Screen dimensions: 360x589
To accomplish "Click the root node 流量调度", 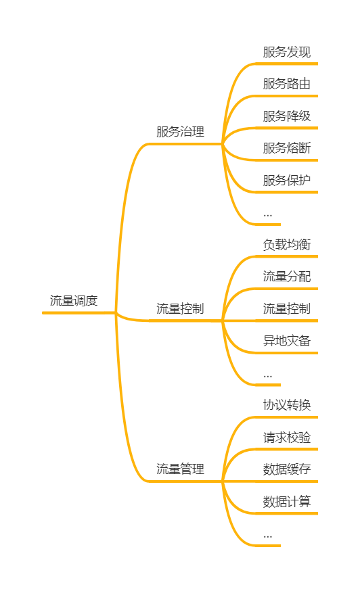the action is coord(74,300).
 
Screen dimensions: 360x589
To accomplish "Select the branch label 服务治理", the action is coord(181,132).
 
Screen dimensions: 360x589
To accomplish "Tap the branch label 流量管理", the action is coord(181,469).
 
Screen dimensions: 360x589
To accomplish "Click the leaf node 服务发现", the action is coord(287,52).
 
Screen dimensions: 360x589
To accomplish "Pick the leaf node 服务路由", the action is coord(287,84).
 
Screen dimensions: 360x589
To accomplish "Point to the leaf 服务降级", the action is coord(287,116).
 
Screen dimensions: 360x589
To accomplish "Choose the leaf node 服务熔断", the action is coord(287,148).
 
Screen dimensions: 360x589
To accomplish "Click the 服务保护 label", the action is coord(287,181).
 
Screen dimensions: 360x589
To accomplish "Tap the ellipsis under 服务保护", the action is coord(267,216).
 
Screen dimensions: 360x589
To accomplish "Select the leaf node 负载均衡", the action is coord(287,245).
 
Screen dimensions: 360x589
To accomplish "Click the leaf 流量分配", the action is coord(287,277).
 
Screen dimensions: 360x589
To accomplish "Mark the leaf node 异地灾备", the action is coord(287,341).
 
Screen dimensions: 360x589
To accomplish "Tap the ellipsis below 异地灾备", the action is coord(267,376).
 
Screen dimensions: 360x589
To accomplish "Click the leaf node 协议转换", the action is coord(287,405).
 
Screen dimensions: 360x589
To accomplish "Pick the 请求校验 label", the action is coord(287,438).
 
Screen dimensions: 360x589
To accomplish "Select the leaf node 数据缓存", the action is coord(287,469).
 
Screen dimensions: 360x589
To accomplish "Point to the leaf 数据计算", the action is coord(287,502).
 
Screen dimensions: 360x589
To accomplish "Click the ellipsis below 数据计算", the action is coord(267,537).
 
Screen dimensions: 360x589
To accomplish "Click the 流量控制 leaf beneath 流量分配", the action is coord(287,309).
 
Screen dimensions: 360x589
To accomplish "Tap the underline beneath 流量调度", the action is coord(78,312).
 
